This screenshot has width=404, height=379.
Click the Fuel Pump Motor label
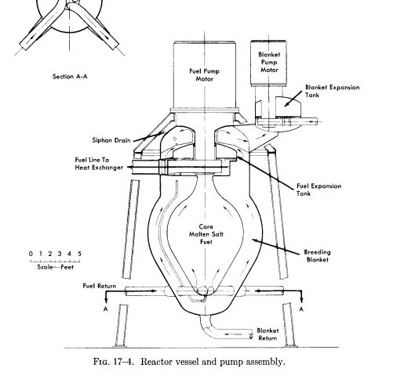pyautogui.click(x=204, y=75)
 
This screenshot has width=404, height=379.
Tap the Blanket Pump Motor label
pyautogui.click(x=269, y=62)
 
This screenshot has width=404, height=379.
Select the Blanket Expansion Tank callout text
pyautogui.click(x=332, y=91)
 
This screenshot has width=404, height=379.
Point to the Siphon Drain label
pyautogui.click(x=111, y=140)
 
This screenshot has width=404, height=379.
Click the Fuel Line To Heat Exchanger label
pyautogui.click(x=99, y=164)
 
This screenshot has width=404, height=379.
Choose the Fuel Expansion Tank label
pyautogui.click(x=318, y=189)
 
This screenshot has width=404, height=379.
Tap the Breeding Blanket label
pyautogui.click(x=317, y=256)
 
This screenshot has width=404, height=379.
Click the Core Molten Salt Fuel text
pyautogui.click(x=206, y=234)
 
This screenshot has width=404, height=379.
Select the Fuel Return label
pyautogui.click(x=100, y=286)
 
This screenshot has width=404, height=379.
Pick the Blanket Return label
pyautogui.click(x=268, y=334)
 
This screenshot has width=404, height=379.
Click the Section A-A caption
pyautogui.click(x=70, y=77)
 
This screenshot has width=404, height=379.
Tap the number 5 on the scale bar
pyautogui.click(x=79, y=254)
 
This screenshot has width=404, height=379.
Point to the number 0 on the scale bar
pyautogui.click(x=31, y=254)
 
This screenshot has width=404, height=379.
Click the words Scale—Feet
pyautogui.click(x=55, y=267)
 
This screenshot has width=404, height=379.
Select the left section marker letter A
pyautogui.click(x=105, y=309)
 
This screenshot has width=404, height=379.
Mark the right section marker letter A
pyautogui.click(x=301, y=309)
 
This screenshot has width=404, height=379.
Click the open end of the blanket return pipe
pyautogui.click(x=251, y=334)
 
